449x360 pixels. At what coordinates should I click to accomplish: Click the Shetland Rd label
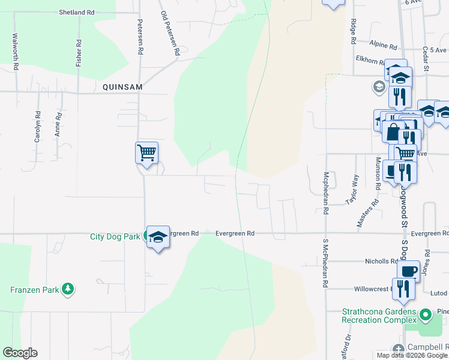pyautogui.click(x=77, y=12)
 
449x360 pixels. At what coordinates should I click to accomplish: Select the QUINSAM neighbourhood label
pyautogui.click(x=122, y=87)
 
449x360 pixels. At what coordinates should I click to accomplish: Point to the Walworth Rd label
pyautogui.click(x=15, y=52)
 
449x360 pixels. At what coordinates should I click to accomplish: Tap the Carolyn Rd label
pyautogui.click(x=37, y=127)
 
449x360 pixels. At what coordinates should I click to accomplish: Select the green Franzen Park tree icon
pyautogui.click(x=68, y=289)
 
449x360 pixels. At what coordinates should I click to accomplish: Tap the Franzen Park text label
pyautogui.click(x=35, y=290)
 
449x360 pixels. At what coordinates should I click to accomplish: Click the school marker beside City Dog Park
pyautogui.click(x=158, y=238)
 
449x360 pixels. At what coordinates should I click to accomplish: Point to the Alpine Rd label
pyautogui.click(x=384, y=46)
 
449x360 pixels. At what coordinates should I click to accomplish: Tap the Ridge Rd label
pyautogui.click(x=354, y=32)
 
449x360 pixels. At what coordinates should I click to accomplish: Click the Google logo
pyautogui.click(x=20, y=353)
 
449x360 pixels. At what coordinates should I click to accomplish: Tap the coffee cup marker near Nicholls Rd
pyautogui.click(x=409, y=271)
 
